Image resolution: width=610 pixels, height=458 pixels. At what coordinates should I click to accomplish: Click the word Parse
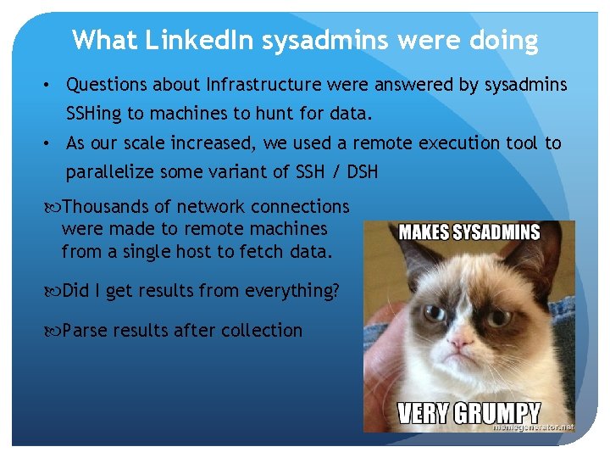(85, 330)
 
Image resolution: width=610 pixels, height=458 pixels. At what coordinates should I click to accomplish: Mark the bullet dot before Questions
(51, 86)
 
